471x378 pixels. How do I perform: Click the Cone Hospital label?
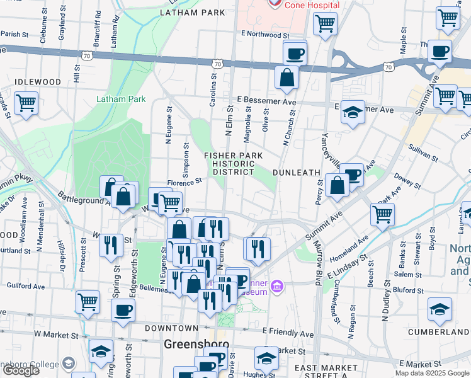coord(312,5)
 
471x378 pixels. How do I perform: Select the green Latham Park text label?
coord(121,99)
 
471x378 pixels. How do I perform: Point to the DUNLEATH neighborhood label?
coord(297,172)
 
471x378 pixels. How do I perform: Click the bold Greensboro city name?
coord(195,345)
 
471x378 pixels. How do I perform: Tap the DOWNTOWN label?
coord(171,328)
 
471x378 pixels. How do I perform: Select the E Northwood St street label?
coord(264,35)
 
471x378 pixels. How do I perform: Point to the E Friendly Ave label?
coord(288,333)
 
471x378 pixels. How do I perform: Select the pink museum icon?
coord(275,289)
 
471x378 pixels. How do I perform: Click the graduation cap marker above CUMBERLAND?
coord(440,309)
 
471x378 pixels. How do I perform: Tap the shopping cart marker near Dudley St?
coord(383,214)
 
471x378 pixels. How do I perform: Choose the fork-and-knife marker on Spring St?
coord(111,244)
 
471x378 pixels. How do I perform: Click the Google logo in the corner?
coord(21,370)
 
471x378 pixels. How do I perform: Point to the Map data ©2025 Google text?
coord(431,373)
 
